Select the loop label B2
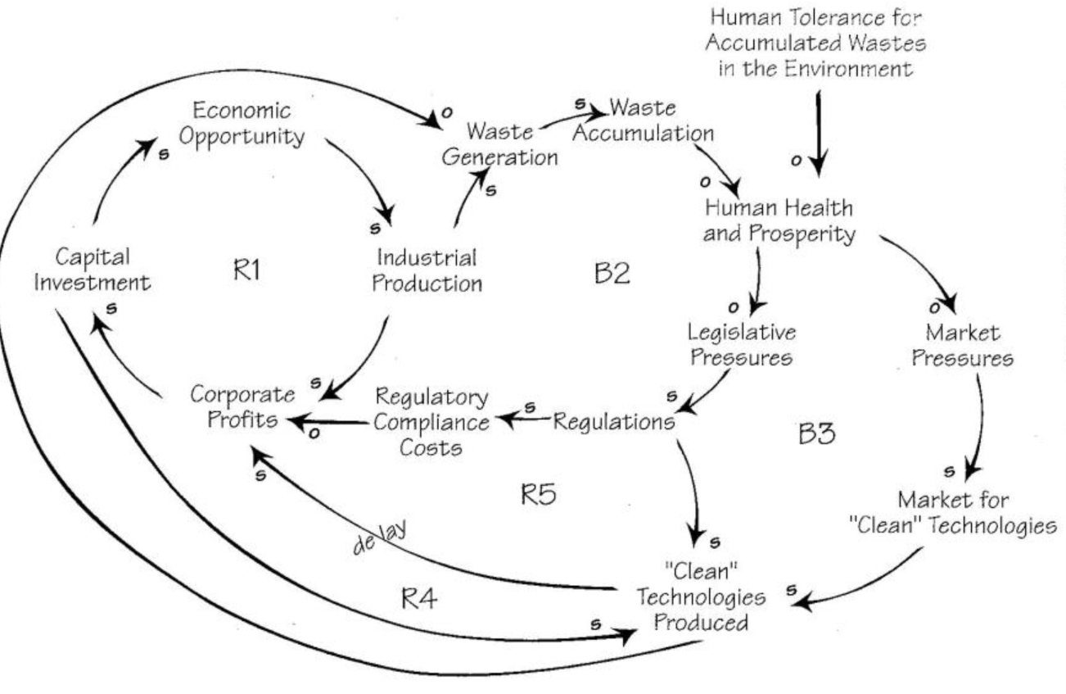[x=612, y=274]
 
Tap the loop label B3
[x=816, y=434]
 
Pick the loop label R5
[x=538, y=493]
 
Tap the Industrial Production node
[x=426, y=270]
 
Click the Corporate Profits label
[x=242, y=405]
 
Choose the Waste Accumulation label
[x=642, y=120]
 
